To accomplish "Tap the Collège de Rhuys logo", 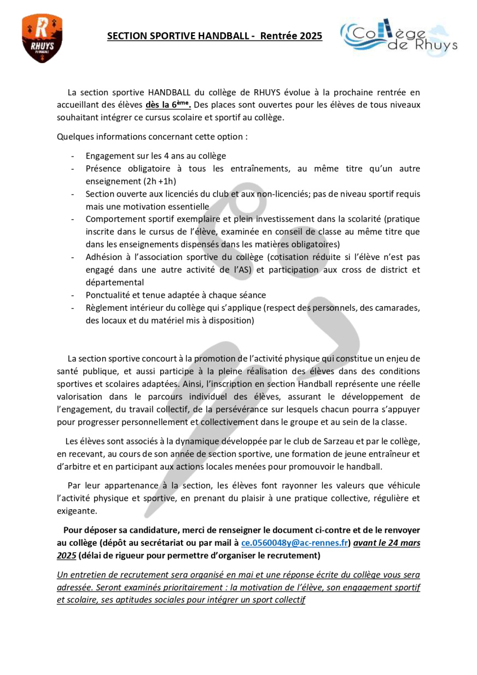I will pos(399,37).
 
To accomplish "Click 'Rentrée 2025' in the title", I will pos(291,36).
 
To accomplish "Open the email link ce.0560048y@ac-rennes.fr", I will pos(295,543).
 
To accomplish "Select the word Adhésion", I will pos(104,257).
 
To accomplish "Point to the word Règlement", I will pos(106,308).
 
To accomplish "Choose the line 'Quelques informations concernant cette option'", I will pos(152,136).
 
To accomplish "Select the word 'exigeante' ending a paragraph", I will pos(77,511).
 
